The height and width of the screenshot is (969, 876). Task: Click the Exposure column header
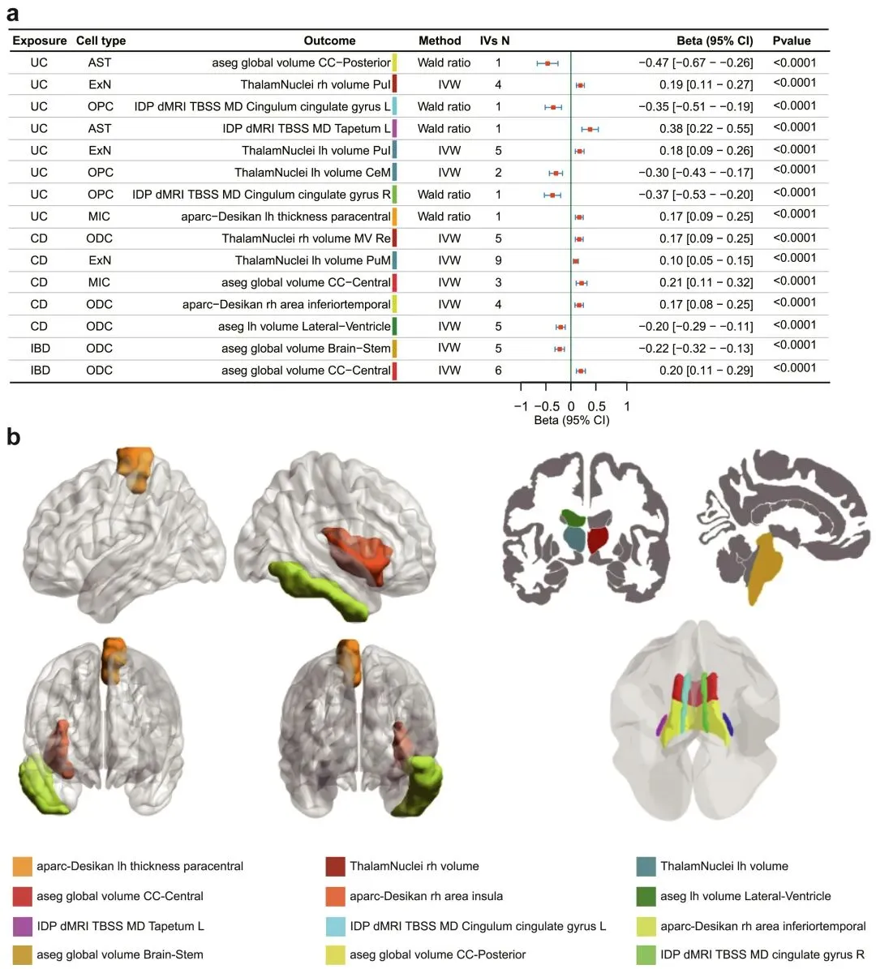tap(39, 41)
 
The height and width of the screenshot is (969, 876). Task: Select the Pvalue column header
tap(791, 41)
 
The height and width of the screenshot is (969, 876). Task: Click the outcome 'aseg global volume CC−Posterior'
tap(301, 62)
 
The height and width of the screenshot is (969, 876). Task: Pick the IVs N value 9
tap(498, 260)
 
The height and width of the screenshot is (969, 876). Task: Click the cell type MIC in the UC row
tap(100, 217)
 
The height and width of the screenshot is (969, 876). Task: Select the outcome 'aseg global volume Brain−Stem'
tap(306, 348)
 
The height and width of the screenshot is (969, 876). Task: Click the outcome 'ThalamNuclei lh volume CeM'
tap(312, 172)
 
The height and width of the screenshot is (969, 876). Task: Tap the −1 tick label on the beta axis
tap(521, 406)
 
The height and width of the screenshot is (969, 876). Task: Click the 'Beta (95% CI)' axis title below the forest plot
tap(571, 420)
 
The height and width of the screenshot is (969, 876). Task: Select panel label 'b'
tap(14, 438)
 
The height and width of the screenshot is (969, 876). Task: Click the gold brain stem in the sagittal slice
tap(766, 568)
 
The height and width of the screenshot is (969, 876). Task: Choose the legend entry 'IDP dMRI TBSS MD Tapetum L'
tap(120, 925)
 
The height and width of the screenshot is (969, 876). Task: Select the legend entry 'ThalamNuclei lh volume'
tap(724, 866)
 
